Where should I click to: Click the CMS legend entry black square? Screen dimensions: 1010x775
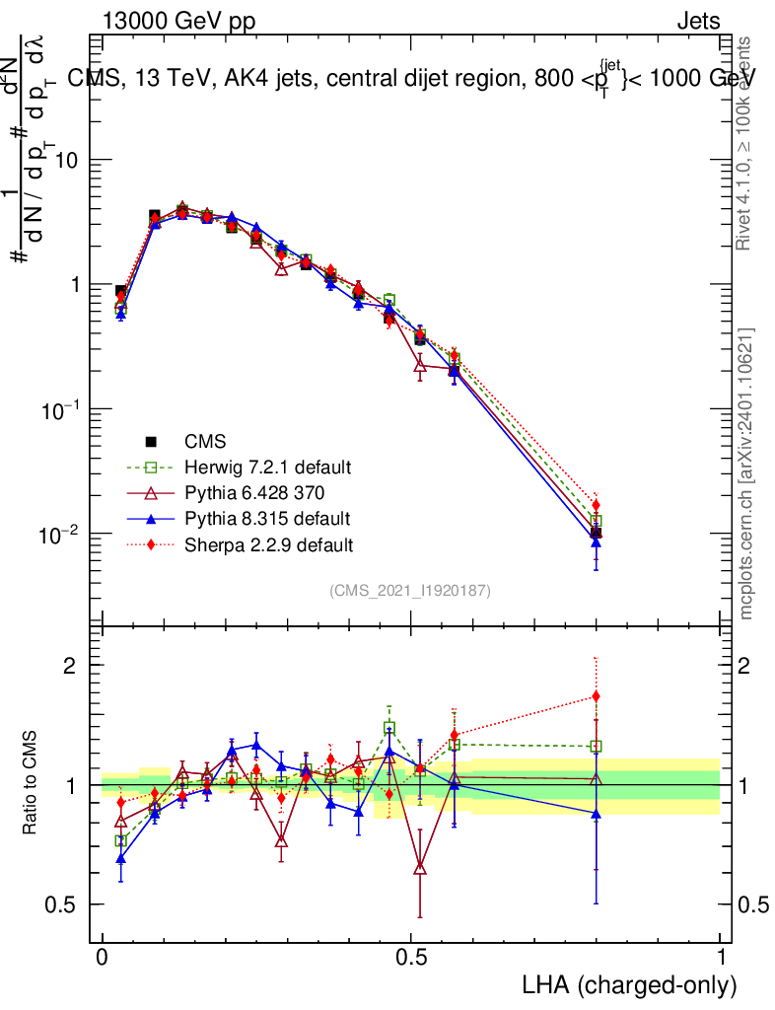point(152,442)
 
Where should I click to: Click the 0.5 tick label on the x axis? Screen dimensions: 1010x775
point(412,957)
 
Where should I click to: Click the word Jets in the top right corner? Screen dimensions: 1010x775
point(697,21)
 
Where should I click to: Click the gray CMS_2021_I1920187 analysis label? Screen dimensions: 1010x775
point(410,590)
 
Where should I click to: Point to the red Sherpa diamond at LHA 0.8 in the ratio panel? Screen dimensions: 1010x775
point(596,696)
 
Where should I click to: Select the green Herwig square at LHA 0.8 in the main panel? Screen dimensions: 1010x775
point(596,521)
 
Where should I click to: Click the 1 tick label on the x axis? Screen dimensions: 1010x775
point(720,957)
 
